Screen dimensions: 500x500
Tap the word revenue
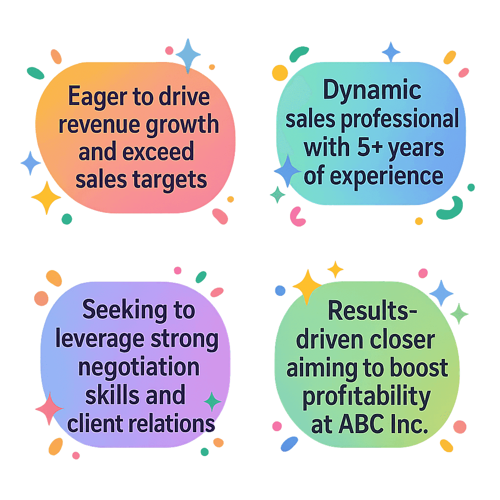click(98, 125)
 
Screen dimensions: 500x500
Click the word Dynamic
click(373, 91)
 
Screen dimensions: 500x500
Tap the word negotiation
click(139, 367)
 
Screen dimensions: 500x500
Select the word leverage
click(91, 339)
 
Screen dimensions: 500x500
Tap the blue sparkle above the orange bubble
click(188, 55)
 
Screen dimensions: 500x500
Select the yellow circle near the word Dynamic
click(280, 73)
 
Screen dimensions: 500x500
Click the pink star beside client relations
click(49, 408)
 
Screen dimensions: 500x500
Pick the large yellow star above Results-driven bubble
click(307, 286)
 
